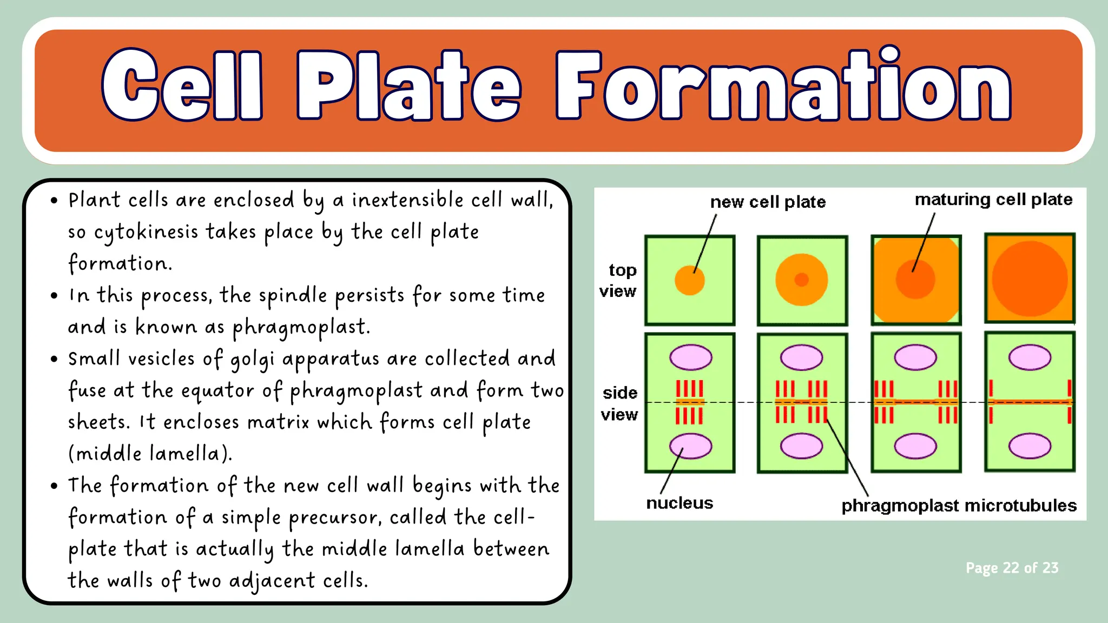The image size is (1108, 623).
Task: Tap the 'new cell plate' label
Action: click(768, 202)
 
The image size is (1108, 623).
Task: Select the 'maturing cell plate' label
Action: click(993, 200)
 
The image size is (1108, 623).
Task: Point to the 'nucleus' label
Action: click(680, 503)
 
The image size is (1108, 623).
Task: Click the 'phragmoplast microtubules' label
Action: click(959, 506)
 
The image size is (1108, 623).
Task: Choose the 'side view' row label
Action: click(619, 403)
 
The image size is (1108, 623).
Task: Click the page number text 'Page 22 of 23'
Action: click(1012, 568)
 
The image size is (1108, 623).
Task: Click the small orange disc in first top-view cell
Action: click(690, 280)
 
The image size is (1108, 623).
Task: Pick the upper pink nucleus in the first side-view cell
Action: click(691, 357)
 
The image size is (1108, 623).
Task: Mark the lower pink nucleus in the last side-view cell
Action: click(1030, 446)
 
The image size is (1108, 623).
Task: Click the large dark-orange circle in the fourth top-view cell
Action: click(1030, 279)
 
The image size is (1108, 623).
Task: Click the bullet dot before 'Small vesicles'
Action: click(54, 359)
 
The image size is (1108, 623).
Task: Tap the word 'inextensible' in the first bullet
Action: click(407, 200)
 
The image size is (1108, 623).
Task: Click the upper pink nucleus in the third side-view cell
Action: click(915, 357)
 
